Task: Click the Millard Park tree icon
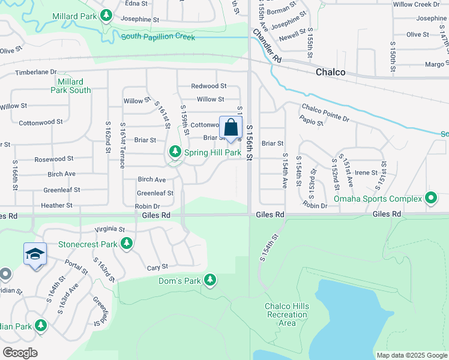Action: pyautogui.click(x=106, y=15)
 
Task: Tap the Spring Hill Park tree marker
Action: pyautogui.click(x=175, y=152)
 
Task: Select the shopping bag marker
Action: pyautogui.click(x=231, y=128)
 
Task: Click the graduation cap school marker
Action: pyautogui.click(x=35, y=254)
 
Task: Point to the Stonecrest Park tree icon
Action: pyautogui.click(x=126, y=244)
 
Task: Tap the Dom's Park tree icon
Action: pyautogui.click(x=210, y=280)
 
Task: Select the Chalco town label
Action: pyautogui.click(x=331, y=73)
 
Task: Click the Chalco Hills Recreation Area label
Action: pyautogui.click(x=287, y=314)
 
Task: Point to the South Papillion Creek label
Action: pyautogui.click(x=158, y=37)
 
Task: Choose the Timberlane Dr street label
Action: pyautogui.click(x=35, y=72)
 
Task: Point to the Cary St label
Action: pyautogui.click(x=157, y=266)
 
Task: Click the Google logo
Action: pyautogui.click(x=20, y=353)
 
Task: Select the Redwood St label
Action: pyautogui.click(x=208, y=86)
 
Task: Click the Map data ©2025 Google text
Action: pyautogui.click(x=411, y=355)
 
